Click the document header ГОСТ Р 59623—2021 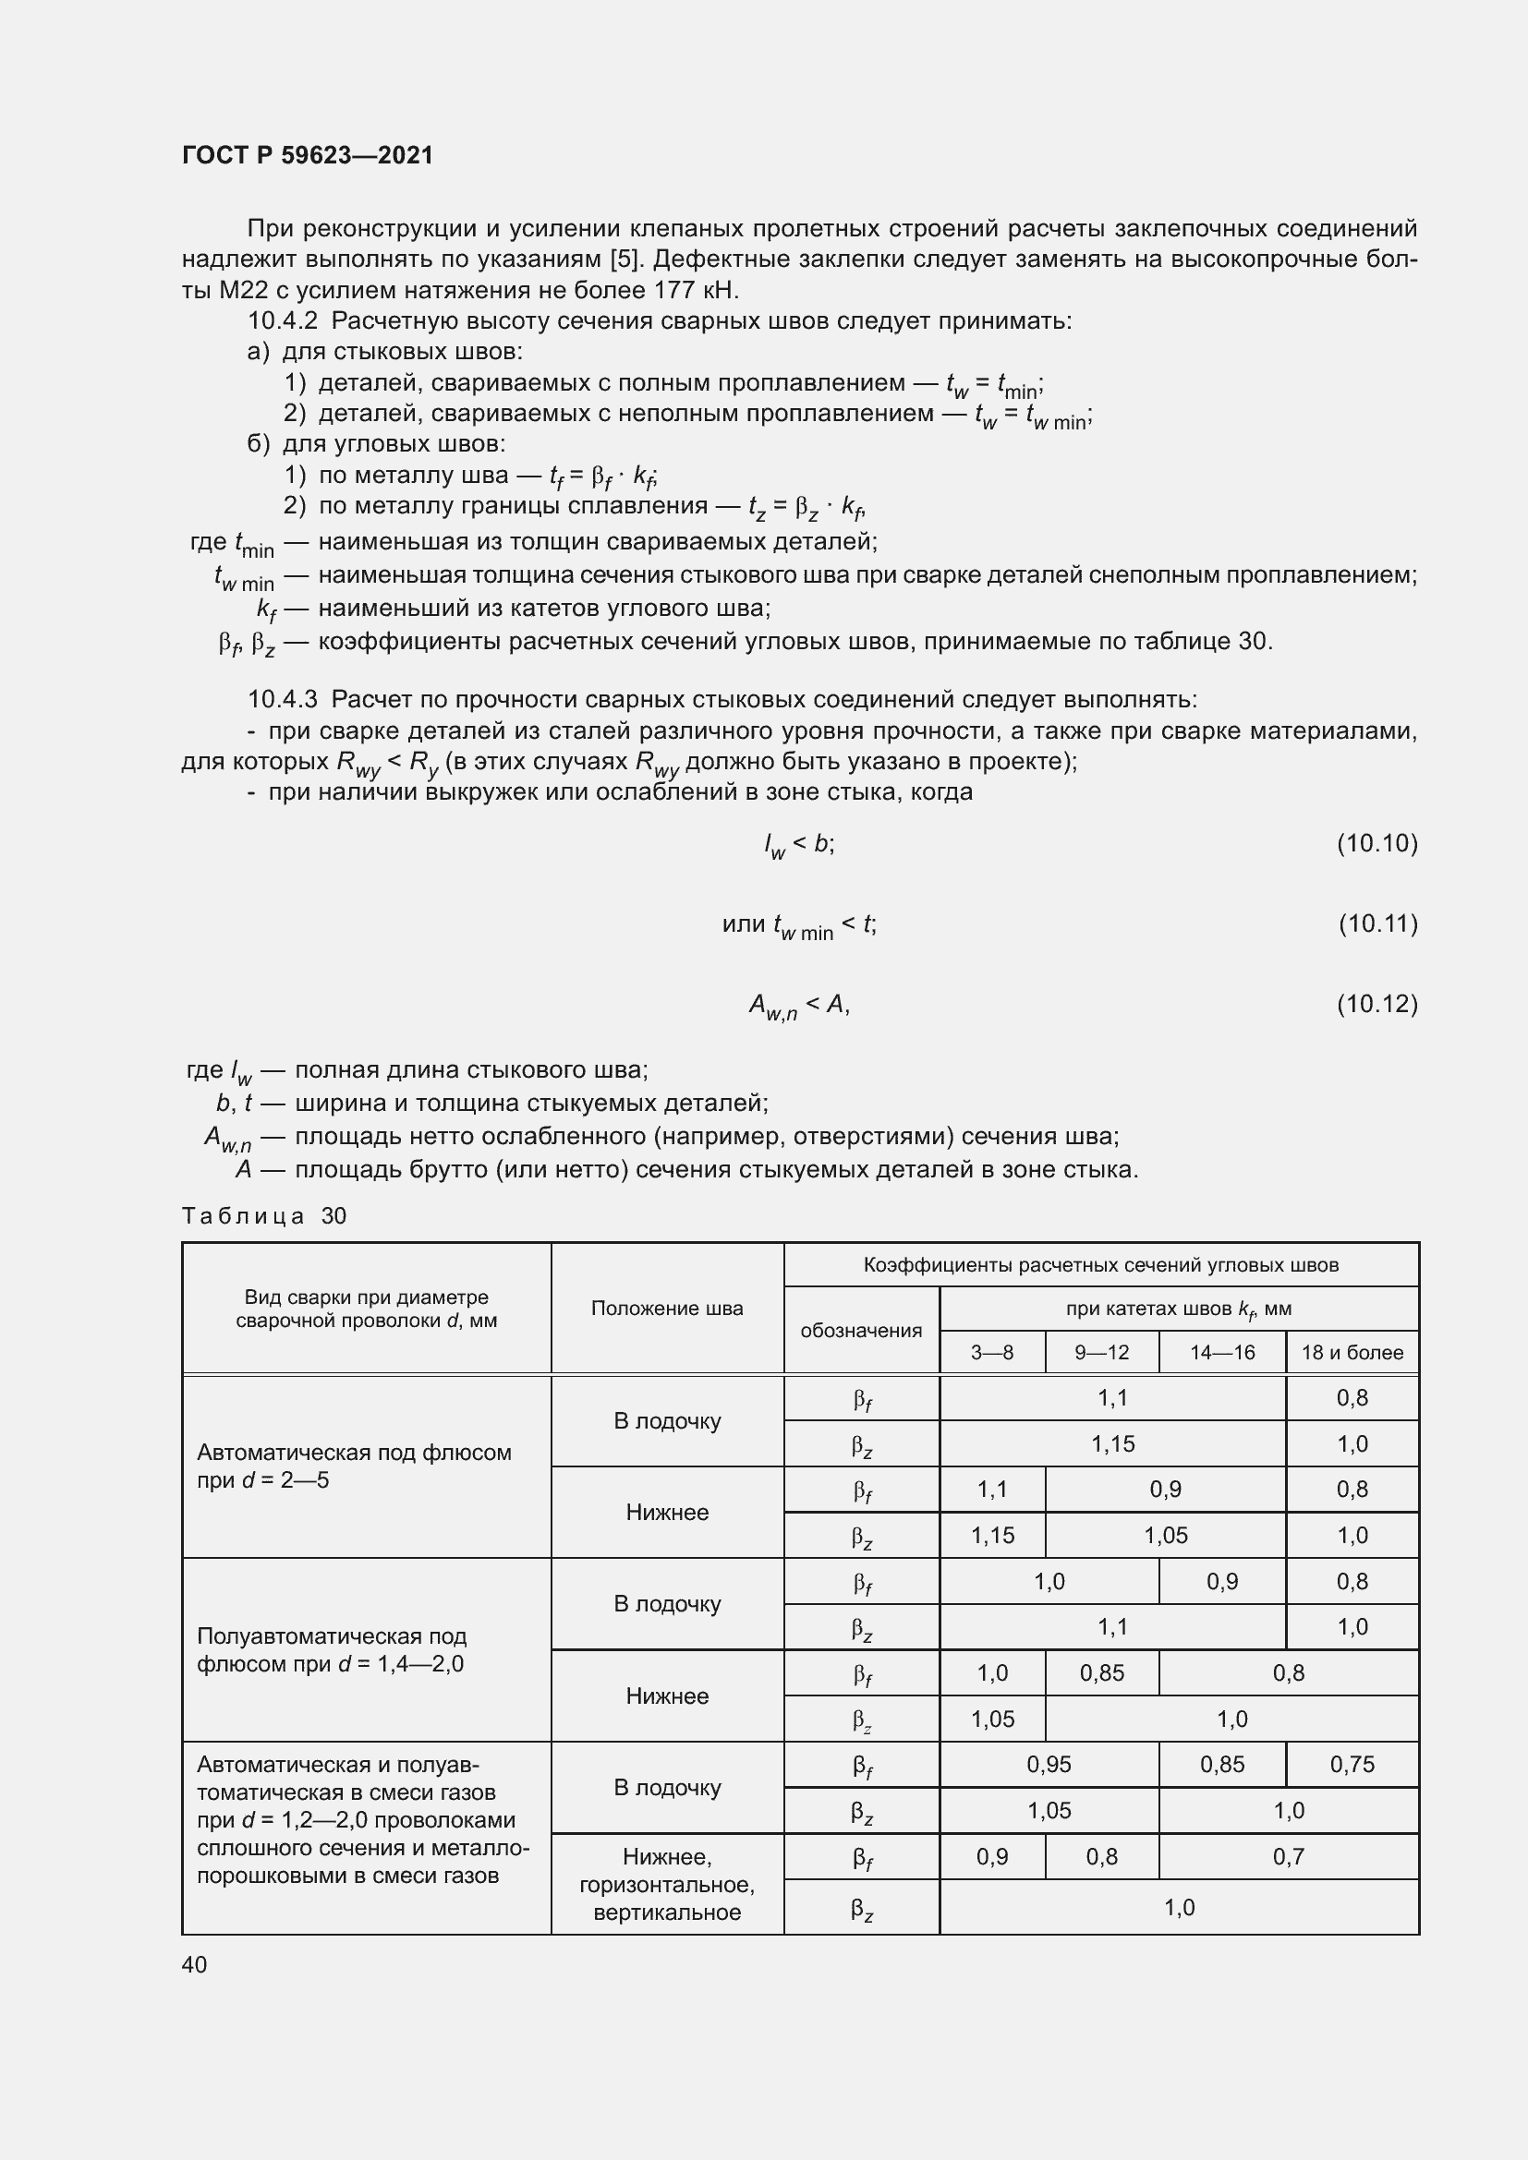click(x=308, y=155)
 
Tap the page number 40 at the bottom click(x=194, y=1964)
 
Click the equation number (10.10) click(x=1376, y=844)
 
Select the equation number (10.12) click(x=1376, y=1005)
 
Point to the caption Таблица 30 click(x=263, y=1216)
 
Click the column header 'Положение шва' click(x=666, y=1309)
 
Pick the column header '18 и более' click(x=1352, y=1353)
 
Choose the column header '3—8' click(x=991, y=1353)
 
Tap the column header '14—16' click(x=1221, y=1353)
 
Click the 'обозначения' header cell click(x=861, y=1330)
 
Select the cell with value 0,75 click(x=1352, y=1765)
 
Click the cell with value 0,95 click(x=1049, y=1765)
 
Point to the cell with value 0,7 click(x=1288, y=1856)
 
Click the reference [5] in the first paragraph click(x=625, y=259)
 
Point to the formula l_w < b click(x=799, y=845)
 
